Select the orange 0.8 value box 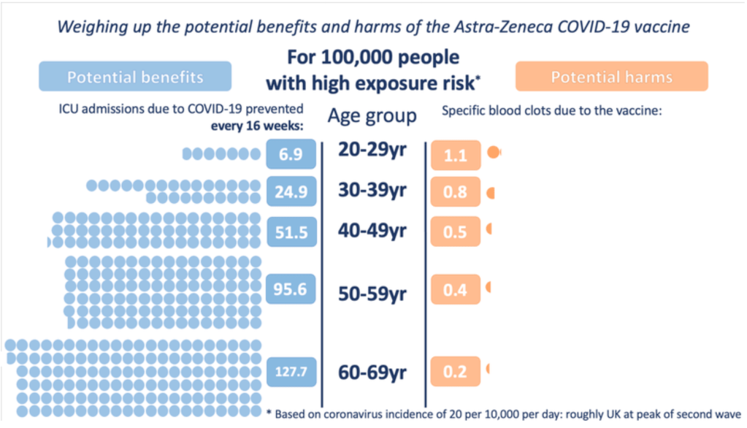pyautogui.click(x=456, y=193)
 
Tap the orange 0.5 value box pyautogui.click(x=456, y=232)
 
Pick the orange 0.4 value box pyautogui.click(x=456, y=290)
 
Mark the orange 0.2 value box pyautogui.click(x=456, y=372)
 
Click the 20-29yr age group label pyautogui.click(x=372, y=150)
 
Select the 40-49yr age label pyautogui.click(x=372, y=230)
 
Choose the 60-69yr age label pyautogui.click(x=372, y=372)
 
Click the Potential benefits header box pyautogui.click(x=135, y=77)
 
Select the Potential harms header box pyautogui.click(x=611, y=77)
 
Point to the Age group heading pyautogui.click(x=372, y=115)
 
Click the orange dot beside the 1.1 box pyautogui.click(x=494, y=153)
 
